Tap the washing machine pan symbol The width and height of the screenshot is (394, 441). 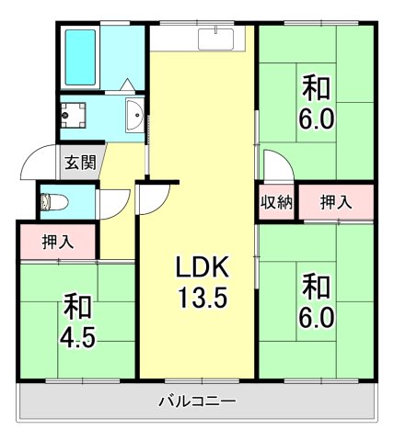(x=74, y=115)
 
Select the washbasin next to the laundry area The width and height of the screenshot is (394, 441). (x=133, y=116)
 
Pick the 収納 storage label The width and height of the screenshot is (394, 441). (x=275, y=201)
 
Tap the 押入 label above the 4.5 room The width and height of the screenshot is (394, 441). (x=58, y=243)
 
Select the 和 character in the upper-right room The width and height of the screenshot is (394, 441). (x=316, y=89)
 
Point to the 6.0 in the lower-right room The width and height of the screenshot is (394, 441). (x=316, y=318)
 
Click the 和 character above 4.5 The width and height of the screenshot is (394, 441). (x=76, y=303)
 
